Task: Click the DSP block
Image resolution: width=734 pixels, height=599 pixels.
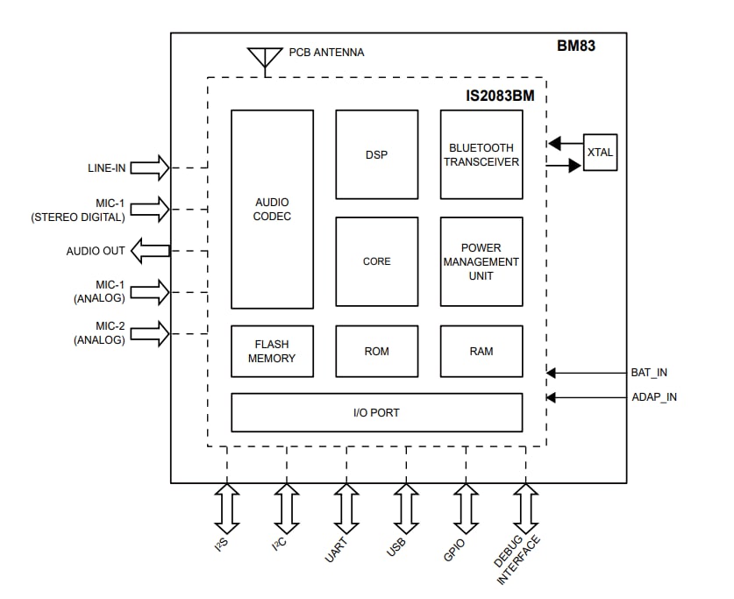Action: tap(376, 154)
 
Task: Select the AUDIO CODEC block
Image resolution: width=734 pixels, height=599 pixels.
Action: tap(272, 209)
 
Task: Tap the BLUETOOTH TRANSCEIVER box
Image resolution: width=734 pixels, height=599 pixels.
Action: tap(481, 154)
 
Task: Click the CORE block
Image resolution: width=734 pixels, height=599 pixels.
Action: tap(376, 261)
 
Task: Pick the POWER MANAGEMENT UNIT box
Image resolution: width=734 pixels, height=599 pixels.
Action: tap(481, 261)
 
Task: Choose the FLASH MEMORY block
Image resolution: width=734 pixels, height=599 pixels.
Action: tap(272, 351)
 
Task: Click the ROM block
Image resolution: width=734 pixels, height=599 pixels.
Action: tap(376, 351)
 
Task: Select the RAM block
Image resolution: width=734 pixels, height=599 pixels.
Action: tap(481, 351)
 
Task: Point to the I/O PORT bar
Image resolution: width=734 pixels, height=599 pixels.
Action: tap(376, 412)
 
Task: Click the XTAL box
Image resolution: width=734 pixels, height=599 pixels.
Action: tap(600, 153)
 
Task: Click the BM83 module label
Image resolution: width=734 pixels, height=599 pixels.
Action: tap(576, 46)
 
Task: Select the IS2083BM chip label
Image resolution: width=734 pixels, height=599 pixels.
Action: tap(499, 92)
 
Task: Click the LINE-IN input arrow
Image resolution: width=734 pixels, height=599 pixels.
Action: tap(150, 168)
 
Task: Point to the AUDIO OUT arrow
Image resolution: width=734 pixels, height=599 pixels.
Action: tap(150, 252)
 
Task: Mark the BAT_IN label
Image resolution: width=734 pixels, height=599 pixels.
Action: tap(649, 373)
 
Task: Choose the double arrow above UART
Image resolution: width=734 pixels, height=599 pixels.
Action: tap(346, 508)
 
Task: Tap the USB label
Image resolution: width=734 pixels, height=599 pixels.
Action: tap(396, 547)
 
